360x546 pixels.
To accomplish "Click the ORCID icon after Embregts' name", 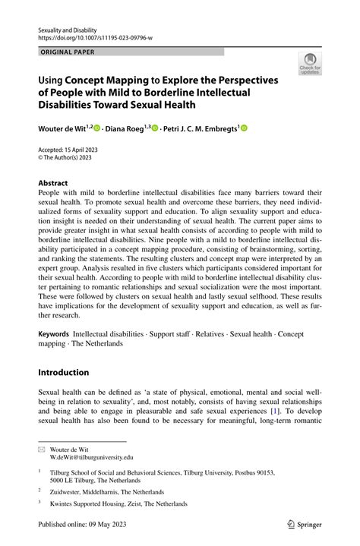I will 245,130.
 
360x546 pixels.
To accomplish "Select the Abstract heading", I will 53,183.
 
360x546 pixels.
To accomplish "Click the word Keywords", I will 54,333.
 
